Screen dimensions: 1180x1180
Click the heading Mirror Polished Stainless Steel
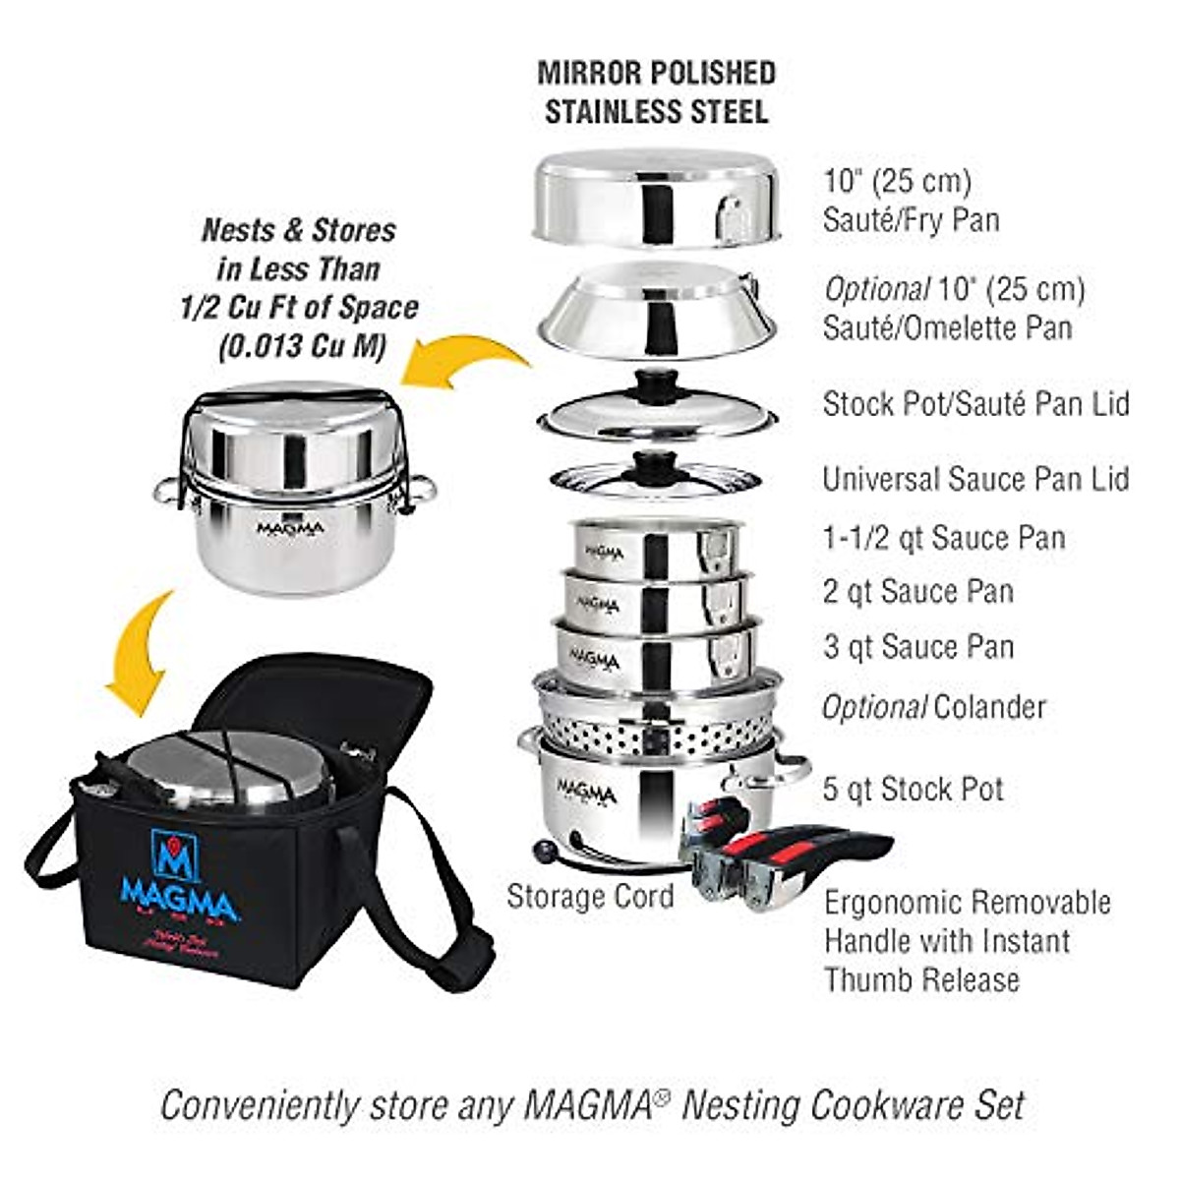(x=656, y=91)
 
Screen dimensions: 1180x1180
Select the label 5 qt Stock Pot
(x=913, y=789)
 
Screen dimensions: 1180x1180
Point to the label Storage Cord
(x=590, y=896)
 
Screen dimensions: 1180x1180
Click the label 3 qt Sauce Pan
(x=918, y=647)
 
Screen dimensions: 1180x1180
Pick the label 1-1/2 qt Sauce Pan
(x=943, y=538)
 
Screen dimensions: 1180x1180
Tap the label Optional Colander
(x=933, y=706)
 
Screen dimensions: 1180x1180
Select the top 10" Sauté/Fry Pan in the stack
(x=657, y=198)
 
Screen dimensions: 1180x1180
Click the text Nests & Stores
(x=298, y=230)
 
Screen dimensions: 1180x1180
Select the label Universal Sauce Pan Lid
(x=975, y=479)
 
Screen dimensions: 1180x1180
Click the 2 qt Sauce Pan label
(x=917, y=591)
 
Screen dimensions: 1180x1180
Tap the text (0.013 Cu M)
(x=298, y=347)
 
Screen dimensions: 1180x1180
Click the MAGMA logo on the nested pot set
(x=290, y=528)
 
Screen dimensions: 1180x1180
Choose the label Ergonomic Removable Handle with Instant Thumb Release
(x=968, y=940)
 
